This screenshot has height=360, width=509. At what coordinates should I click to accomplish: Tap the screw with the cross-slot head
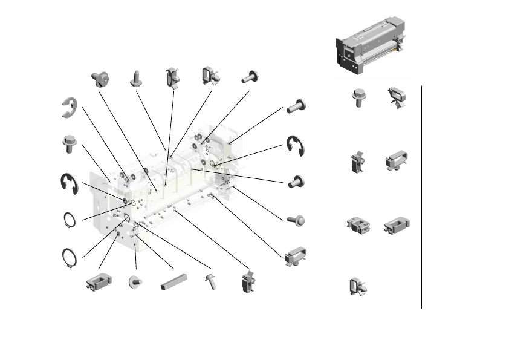[100, 78]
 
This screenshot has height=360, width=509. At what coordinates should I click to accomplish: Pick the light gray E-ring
[69, 107]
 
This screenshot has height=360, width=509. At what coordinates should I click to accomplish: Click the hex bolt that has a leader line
[69, 144]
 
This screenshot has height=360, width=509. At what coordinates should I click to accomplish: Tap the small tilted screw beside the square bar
[212, 281]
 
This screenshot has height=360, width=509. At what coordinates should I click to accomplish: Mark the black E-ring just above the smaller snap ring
[69, 183]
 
